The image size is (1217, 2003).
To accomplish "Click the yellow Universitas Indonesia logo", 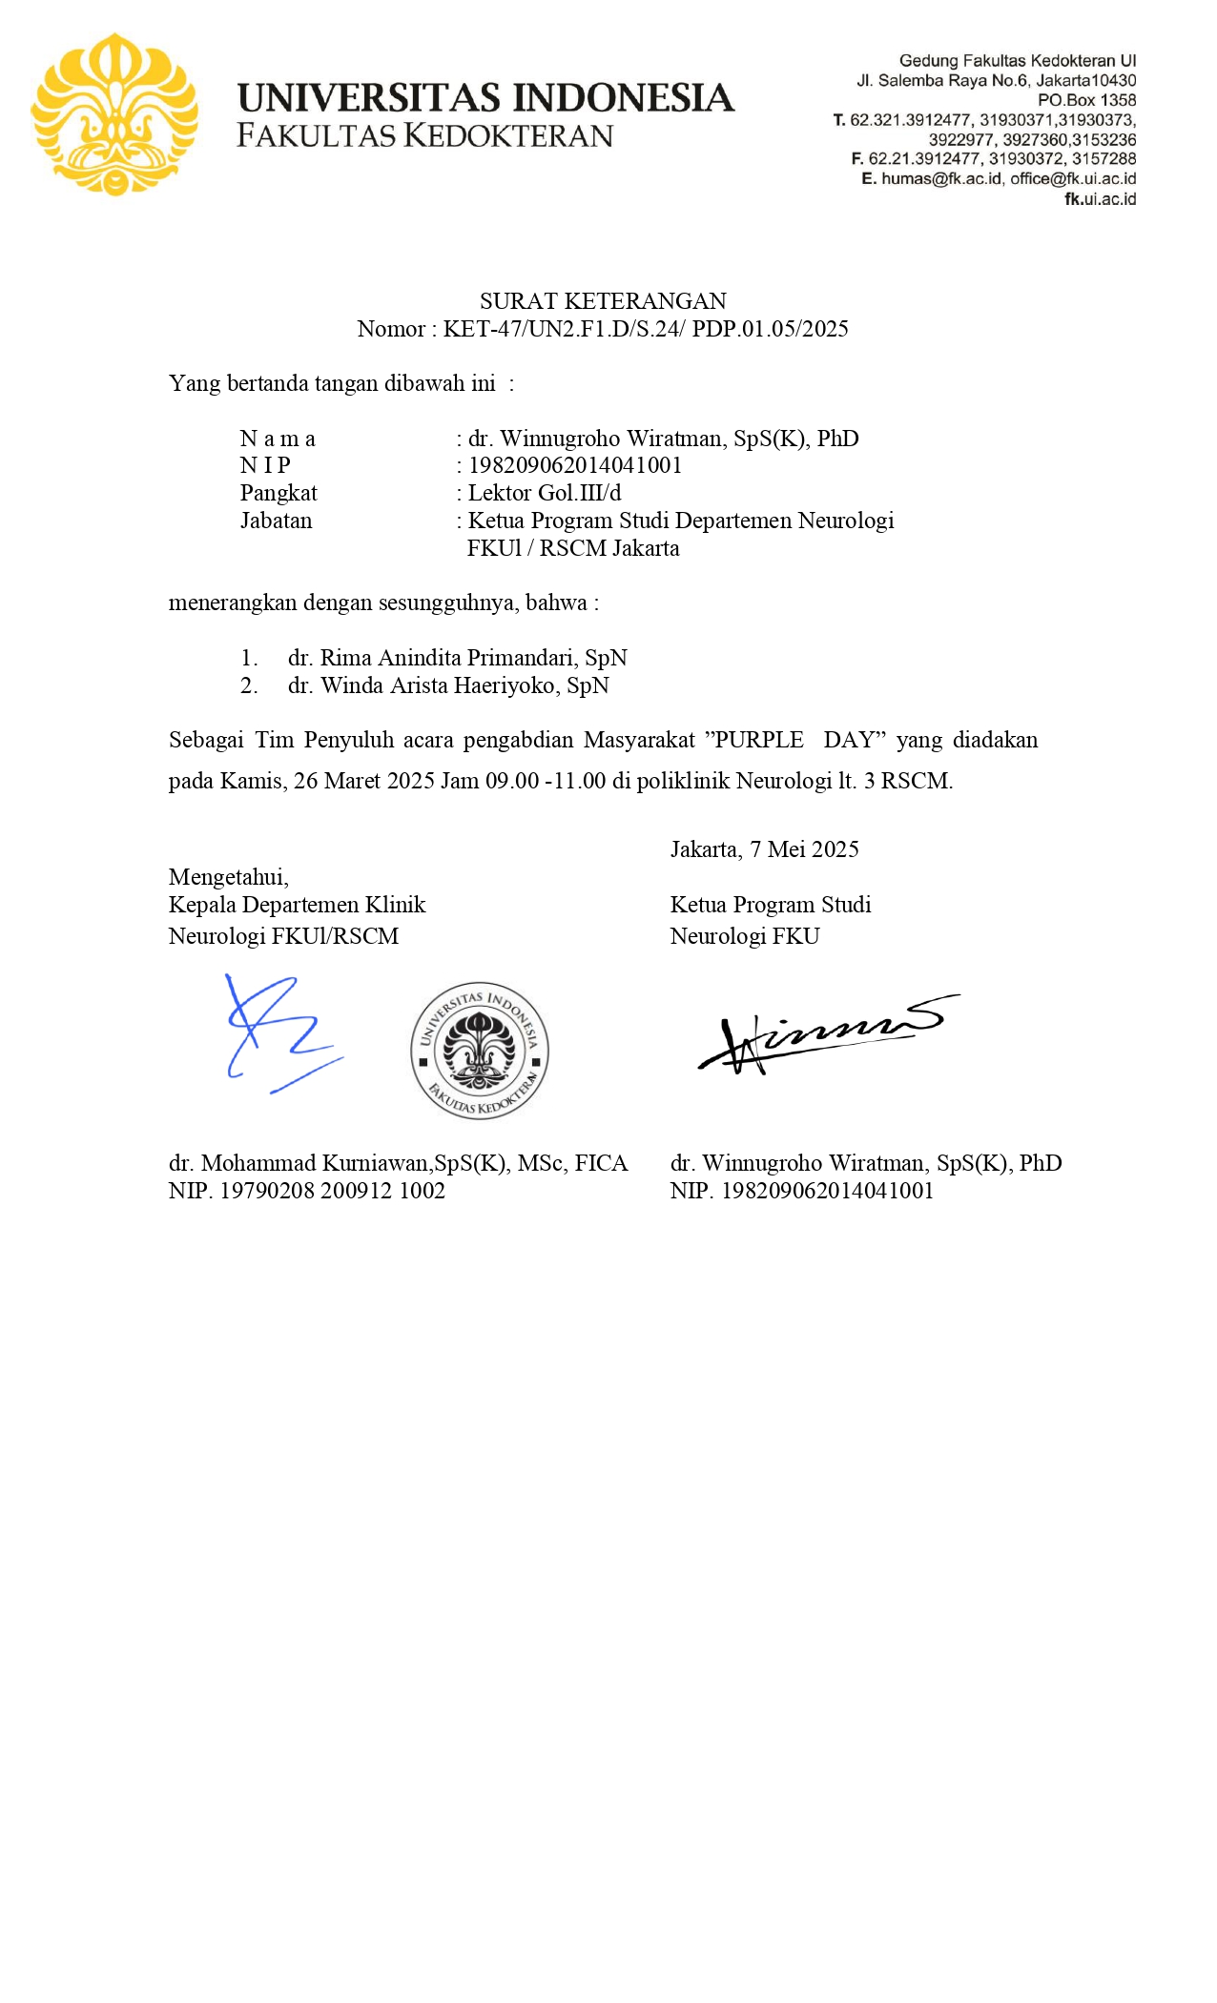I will [x=114, y=114].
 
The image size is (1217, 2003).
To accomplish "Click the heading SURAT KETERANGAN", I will [x=603, y=301].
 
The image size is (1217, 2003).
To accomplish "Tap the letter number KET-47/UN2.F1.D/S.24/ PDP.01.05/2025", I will [x=646, y=329].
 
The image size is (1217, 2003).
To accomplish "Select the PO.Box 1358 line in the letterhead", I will [x=1086, y=100].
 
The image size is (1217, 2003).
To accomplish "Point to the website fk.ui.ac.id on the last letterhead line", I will [x=1100, y=199].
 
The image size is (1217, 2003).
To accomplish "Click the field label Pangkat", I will [x=278, y=493].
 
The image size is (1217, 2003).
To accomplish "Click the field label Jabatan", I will [x=277, y=521].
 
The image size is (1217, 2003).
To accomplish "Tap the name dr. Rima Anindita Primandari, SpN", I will [x=458, y=658].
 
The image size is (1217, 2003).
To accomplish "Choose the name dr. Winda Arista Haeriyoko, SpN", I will [x=448, y=685].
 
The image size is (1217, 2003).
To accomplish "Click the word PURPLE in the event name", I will [x=759, y=740].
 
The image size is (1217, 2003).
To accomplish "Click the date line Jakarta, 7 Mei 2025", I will [x=764, y=849].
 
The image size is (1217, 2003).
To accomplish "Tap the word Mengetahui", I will [x=229, y=877].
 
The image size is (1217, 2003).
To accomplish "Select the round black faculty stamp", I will [x=480, y=1050].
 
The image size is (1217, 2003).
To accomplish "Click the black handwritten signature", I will [x=825, y=1034].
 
